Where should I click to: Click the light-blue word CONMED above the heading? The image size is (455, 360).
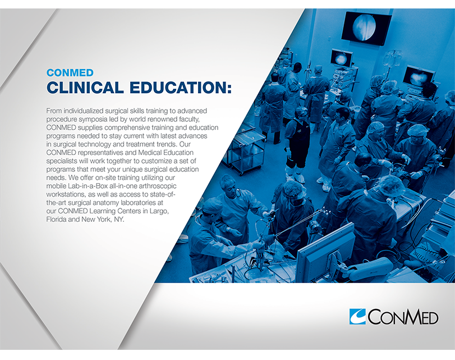point(70,72)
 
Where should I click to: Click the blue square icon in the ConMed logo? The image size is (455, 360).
point(357,316)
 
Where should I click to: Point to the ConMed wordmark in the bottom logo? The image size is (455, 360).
point(403,317)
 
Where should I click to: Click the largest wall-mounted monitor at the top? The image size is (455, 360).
point(367,28)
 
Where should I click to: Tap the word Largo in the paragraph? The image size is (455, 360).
point(159,211)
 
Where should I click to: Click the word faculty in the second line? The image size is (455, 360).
point(189,119)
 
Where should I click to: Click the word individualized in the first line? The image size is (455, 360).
point(83,111)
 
